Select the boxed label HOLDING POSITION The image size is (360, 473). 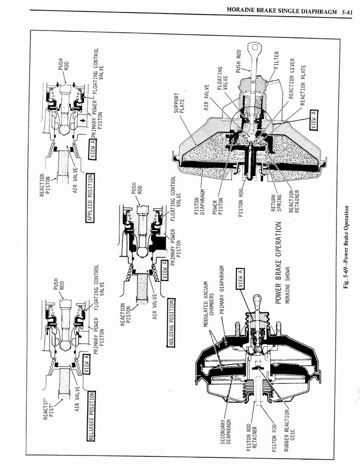click(x=172, y=323)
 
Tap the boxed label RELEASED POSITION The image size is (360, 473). click(x=91, y=416)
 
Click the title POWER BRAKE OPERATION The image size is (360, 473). click(x=279, y=262)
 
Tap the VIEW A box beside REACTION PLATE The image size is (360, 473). click(x=314, y=120)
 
